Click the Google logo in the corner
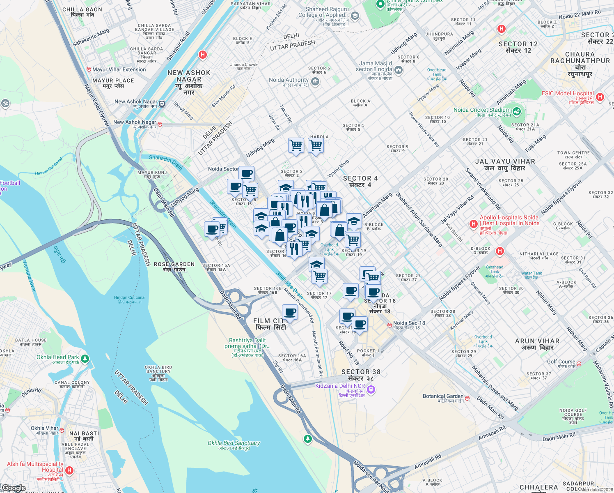tap(14, 488)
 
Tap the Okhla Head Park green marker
tap(85, 359)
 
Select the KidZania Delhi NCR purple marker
tap(371, 389)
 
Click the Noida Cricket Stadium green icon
tap(516, 111)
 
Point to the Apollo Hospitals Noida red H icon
tap(474, 224)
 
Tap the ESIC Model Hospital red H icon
tap(600, 97)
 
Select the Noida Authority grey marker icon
tap(315, 81)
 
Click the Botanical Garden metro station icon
tap(467, 399)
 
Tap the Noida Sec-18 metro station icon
tap(389, 325)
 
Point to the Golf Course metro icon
tap(579, 364)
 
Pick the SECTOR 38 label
tap(361, 372)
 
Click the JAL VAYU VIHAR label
tap(505, 161)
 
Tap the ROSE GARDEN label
tap(174, 264)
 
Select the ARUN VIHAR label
tap(537, 341)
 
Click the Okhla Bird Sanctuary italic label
tap(234, 443)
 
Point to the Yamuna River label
tap(29, 276)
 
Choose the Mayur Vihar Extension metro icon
tap(89, 69)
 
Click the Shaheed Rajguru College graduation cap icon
tap(355, 16)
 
